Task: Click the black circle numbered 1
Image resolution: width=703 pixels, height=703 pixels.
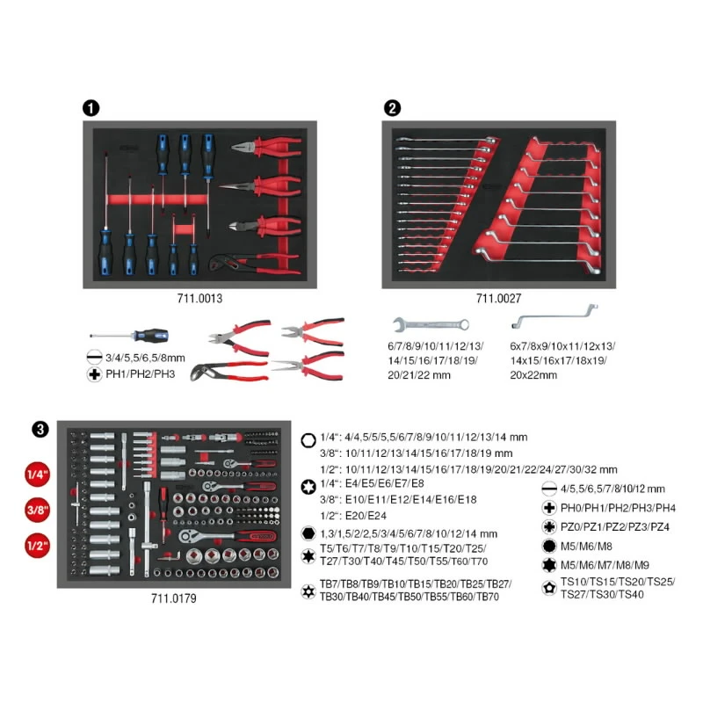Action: tap(90, 108)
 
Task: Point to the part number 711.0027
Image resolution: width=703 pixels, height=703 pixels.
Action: tap(495, 299)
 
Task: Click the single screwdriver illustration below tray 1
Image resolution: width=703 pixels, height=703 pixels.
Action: tap(132, 337)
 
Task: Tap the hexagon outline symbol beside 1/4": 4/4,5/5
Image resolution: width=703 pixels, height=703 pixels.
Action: tap(308, 437)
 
